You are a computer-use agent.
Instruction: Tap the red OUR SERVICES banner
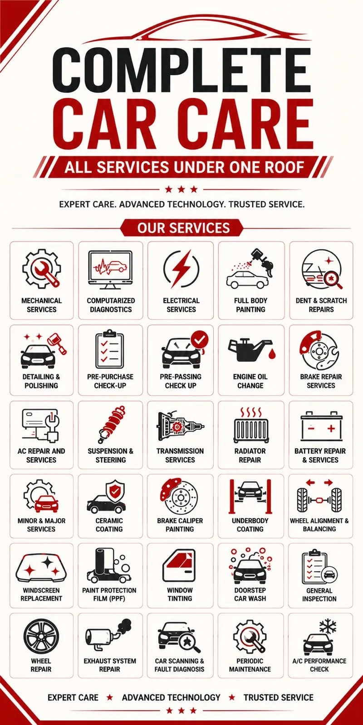[182, 227]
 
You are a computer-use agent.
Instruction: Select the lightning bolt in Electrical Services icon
[181, 268]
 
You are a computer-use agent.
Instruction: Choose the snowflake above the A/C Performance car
[328, 627]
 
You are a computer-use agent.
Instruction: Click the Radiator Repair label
[250, 455]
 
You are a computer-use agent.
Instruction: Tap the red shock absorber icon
[111, 425]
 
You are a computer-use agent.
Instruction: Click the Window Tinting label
[180, 594]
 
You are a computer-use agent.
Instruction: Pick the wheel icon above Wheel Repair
[41, 636]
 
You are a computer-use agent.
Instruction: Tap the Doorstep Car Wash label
[250, 594]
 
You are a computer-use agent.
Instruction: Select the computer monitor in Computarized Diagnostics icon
[110, 269]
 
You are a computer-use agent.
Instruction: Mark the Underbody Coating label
[250, 525]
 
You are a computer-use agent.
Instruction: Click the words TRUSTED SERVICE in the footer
[279, 697]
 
